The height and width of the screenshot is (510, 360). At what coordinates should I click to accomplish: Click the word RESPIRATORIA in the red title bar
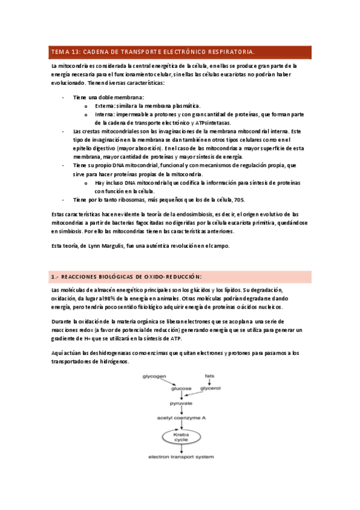pos(230,52)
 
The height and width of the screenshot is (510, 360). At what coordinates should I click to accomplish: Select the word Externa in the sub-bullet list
pos(105,106)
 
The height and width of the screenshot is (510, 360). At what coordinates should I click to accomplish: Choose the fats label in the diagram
pos(209,375)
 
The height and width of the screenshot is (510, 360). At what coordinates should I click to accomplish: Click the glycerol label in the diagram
pos(210,389)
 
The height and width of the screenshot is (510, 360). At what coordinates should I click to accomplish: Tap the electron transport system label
pos(181,458)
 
